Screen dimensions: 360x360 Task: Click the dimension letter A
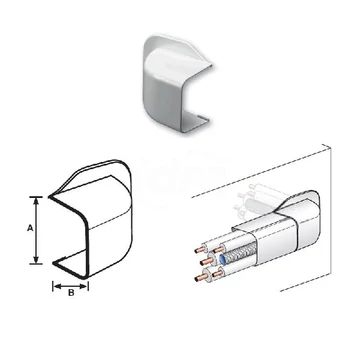[x=30, y=228]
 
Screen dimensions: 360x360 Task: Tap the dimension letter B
[x=71, y=293]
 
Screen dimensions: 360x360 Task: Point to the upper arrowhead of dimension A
[x=36, y=201]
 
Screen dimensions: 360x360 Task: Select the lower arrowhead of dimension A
[x=36, y=259]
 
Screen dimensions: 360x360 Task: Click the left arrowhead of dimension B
[x=57, y=286]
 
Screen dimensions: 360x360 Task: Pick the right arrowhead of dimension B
[x=84, y=286]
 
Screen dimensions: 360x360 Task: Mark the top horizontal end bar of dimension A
[x=36, y=197]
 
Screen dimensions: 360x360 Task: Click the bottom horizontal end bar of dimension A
[x=36, y=264]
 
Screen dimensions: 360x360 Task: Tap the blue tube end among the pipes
[x=223, y=258]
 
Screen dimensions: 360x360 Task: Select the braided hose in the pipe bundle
[x=239, y=253]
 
